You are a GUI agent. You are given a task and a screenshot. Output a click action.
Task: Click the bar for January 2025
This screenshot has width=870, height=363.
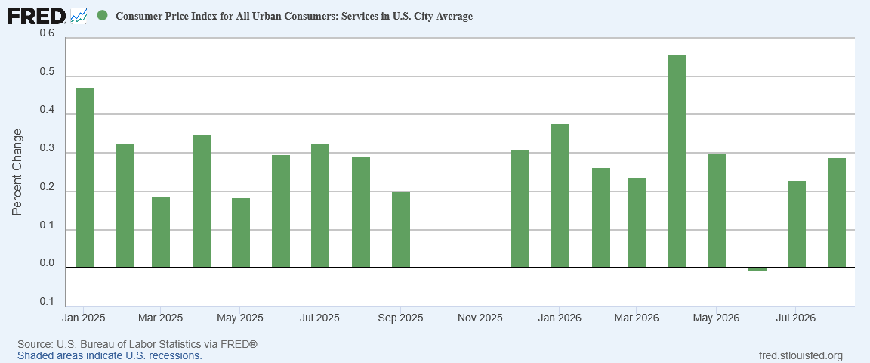point(85,178)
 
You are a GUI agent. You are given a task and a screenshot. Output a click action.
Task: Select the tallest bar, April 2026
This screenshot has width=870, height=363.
point(677,161)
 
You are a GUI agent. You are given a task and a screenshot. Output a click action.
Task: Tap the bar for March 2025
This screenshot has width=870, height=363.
point(161,232)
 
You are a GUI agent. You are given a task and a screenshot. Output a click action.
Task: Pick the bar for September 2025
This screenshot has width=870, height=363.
point(400,230)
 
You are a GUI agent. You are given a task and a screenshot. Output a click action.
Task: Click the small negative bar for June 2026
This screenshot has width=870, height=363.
point(757,269)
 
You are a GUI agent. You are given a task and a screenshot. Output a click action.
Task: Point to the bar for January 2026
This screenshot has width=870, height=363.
point(560,196)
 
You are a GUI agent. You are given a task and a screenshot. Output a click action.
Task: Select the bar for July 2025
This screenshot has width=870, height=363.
point(320,206)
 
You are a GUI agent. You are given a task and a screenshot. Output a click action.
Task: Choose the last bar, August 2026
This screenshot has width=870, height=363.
point(837,213)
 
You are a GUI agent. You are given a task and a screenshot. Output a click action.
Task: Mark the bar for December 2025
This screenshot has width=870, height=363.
point(520,209)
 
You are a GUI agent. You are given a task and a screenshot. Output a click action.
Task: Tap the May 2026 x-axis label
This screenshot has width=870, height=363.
point(716,318)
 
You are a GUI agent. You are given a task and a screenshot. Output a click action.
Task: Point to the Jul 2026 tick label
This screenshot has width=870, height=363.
point(796,318)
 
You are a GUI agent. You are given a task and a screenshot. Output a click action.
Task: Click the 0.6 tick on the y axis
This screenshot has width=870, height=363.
point(47,34)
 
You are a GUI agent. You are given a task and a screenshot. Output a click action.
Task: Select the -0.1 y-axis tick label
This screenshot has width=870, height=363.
point(45,302)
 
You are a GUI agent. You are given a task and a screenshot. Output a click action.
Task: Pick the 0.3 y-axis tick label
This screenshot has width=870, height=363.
point(47,149)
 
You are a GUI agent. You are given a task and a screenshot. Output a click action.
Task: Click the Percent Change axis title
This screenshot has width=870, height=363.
point(18,172)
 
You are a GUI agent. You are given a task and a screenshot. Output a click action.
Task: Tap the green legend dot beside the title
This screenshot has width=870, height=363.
point(102,16)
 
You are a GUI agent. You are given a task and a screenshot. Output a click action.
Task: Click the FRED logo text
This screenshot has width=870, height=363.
point(36,16)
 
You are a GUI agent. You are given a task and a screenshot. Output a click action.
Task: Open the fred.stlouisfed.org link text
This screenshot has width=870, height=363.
point(800,355)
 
